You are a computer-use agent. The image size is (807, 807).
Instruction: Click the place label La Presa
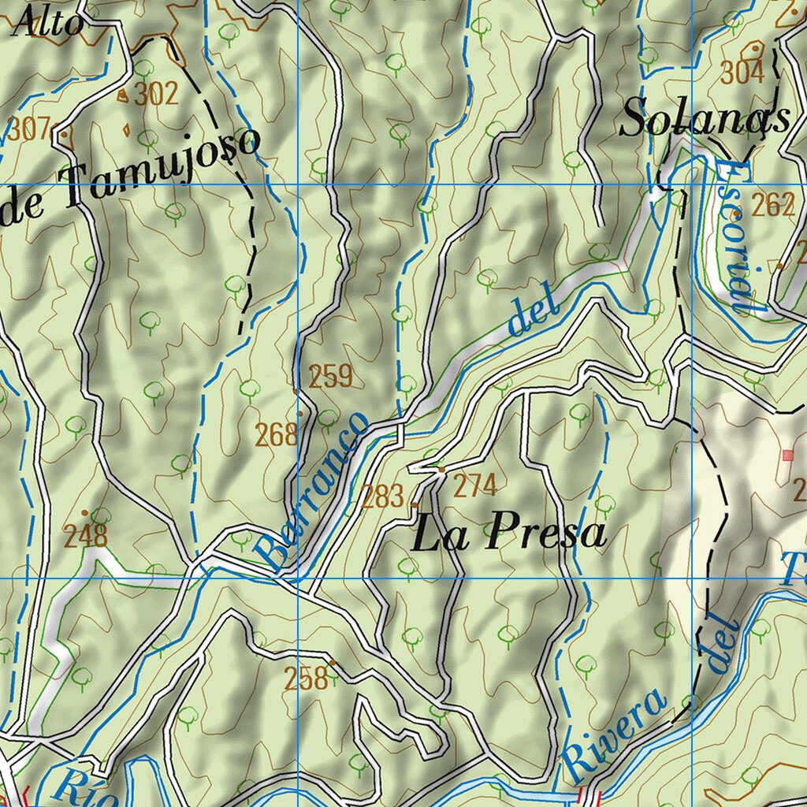tap(510, 534)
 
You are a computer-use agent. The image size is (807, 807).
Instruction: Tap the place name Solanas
tap(705, 120)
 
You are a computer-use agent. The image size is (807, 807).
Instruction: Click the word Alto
tap(49, 22)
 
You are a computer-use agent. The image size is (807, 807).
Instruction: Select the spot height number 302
tap(156, 95)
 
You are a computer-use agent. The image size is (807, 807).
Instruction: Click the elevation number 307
tap(28, 128)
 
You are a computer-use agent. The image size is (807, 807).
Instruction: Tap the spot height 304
tap(742, 73)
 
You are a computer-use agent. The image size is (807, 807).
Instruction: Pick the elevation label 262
tap(772, 205)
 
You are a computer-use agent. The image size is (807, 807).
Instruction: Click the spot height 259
tap(329, 377)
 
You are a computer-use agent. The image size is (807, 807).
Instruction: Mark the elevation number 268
tap(276, 433)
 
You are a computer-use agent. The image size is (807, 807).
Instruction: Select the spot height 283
tap(383, 496)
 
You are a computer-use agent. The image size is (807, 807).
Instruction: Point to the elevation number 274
tap(474, 486)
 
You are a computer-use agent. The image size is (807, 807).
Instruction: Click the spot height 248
tap(85, 537)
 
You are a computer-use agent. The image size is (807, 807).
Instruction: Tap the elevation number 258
tap(306, 678)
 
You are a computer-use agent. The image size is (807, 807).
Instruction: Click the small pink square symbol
tap(787, 455)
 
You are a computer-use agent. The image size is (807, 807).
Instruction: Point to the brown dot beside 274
tap(441, 470)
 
